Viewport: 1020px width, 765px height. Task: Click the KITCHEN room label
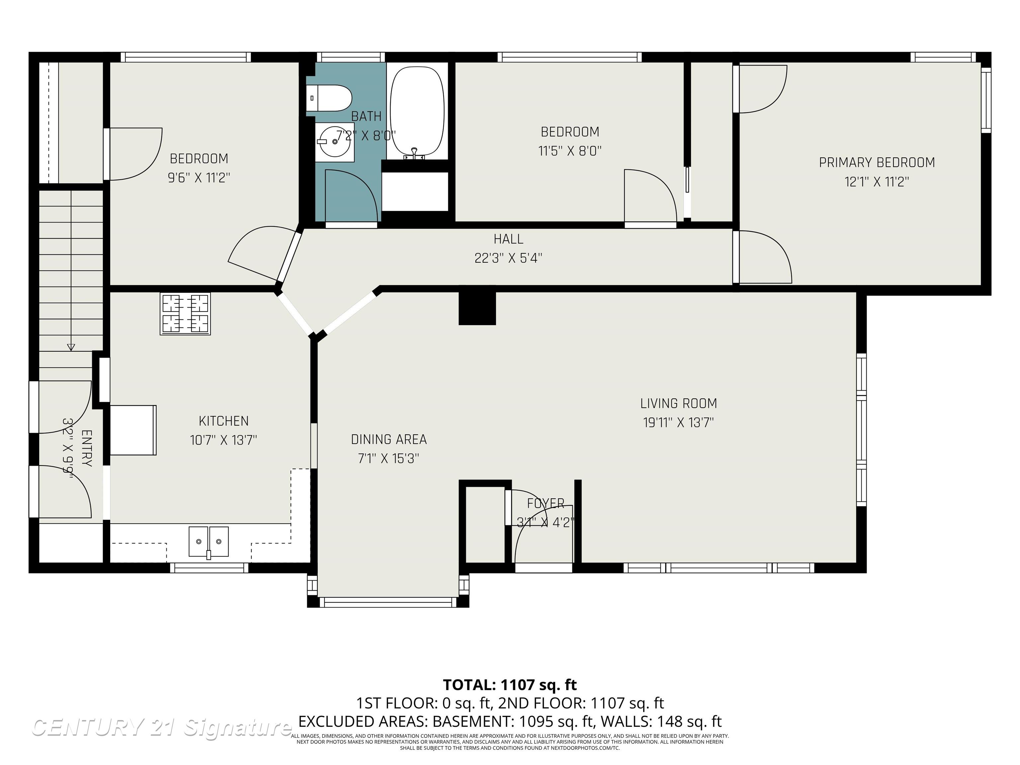(x=224, y=421)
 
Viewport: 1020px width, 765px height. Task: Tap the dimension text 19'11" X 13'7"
(x=678, y=422)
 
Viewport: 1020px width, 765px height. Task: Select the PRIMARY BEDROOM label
(x=877, y=163)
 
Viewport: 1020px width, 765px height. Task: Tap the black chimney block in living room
(x=477, y=308)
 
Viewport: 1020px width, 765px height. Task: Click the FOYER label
(x=546, y=503)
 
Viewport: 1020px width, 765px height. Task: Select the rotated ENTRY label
(x=87, y=448)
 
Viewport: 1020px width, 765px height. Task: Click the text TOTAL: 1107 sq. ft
(x=510, y=685)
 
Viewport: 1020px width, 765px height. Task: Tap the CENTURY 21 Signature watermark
(x=161, y=727)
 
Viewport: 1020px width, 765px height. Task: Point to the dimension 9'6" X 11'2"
(x=199, y=178)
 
